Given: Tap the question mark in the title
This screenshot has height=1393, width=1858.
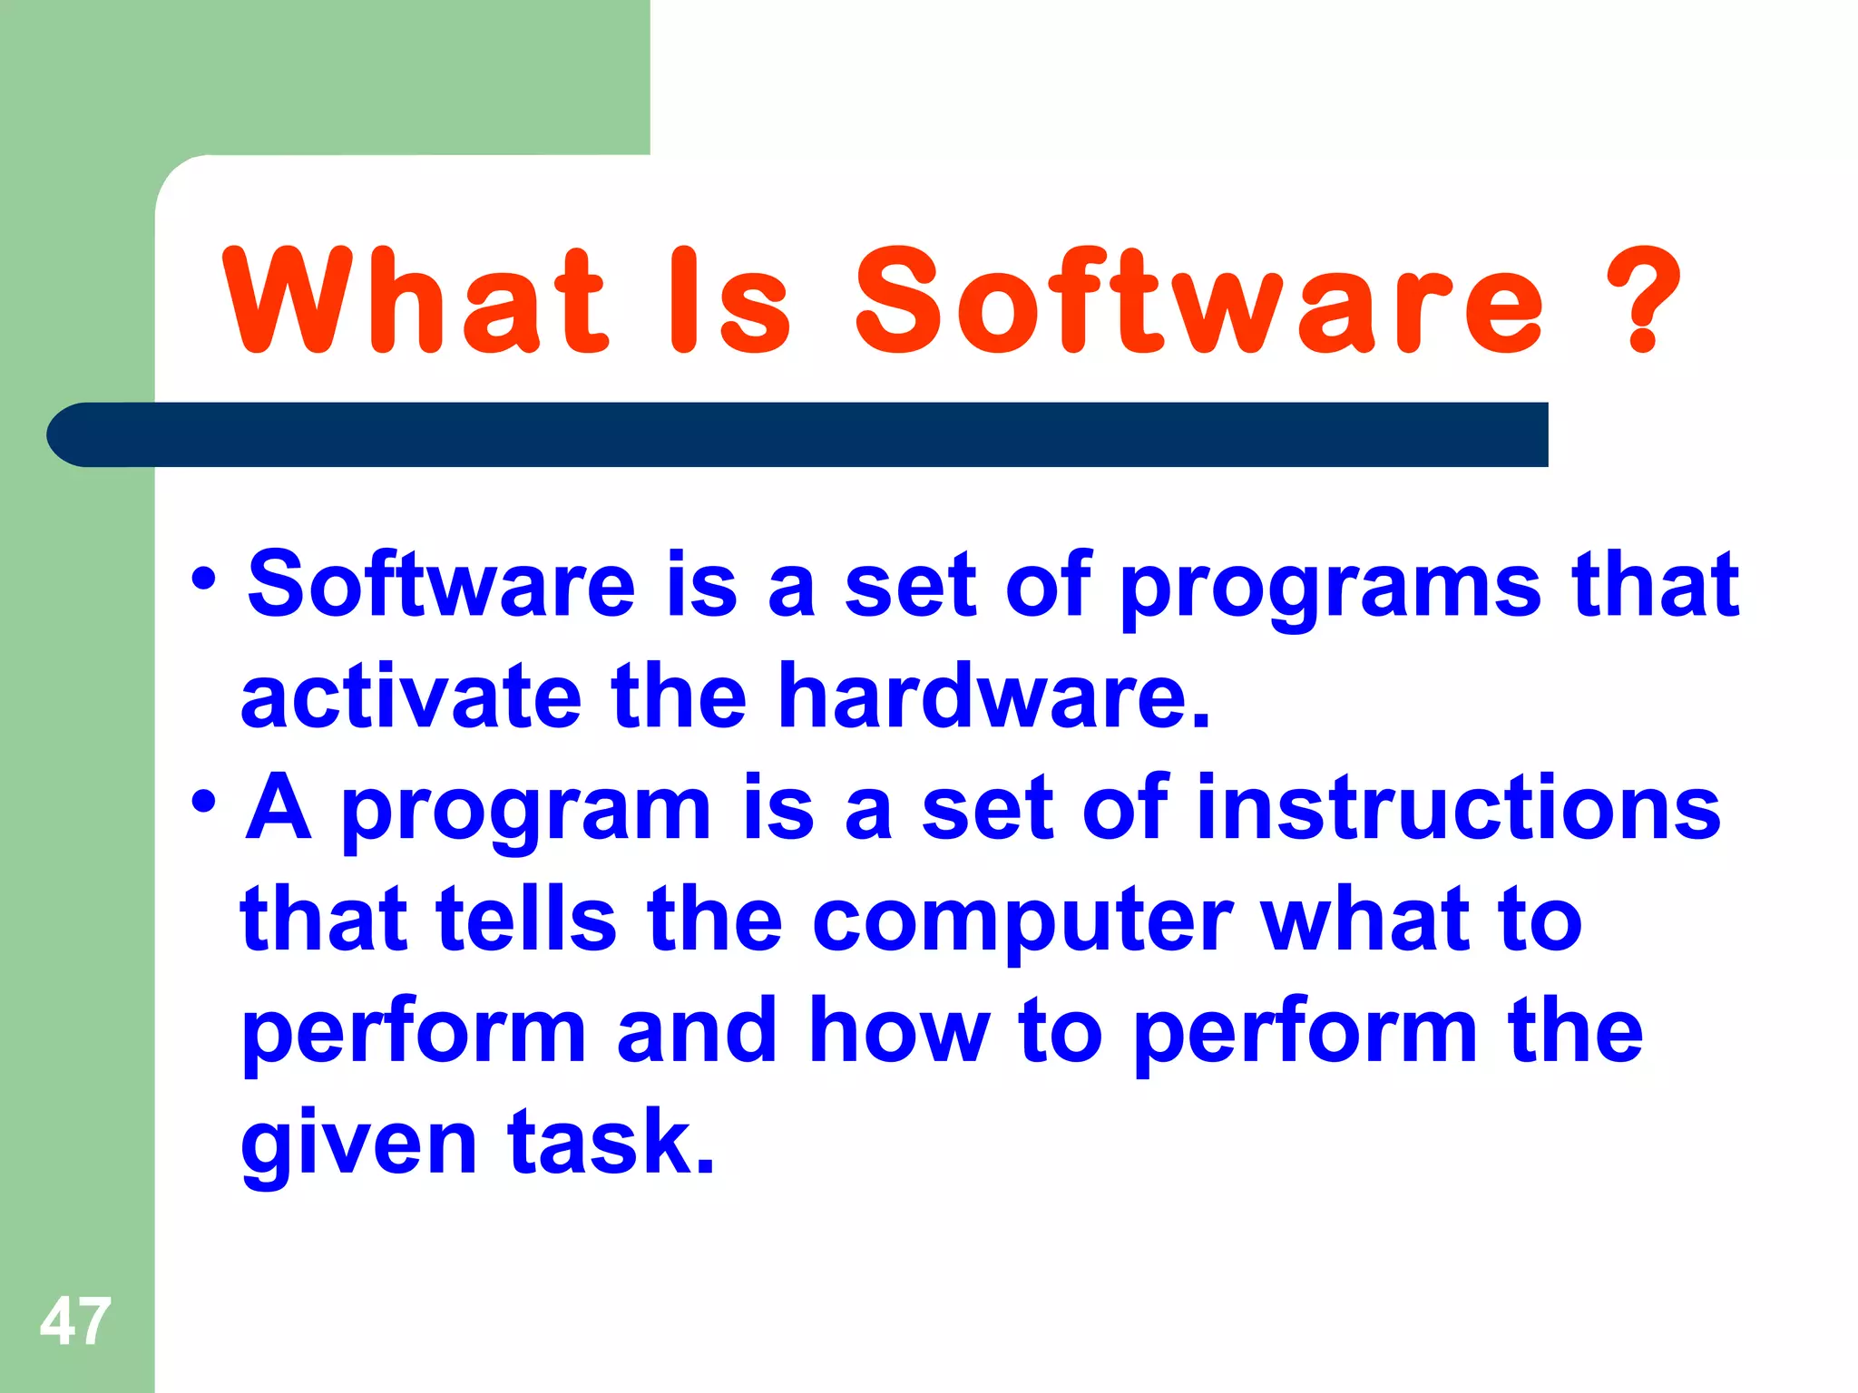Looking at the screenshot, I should pos(1643,301).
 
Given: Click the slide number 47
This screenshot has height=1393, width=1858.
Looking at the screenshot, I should pos(75,1321).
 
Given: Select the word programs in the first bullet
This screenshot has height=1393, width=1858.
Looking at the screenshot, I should pos(1330,588).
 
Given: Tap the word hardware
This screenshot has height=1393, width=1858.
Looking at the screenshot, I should pos(994,696).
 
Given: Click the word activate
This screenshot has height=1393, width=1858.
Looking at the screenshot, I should pos(410,696).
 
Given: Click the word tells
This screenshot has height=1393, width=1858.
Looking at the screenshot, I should pos(526,920).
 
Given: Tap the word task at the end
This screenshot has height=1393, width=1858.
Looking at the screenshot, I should pos(611,1143).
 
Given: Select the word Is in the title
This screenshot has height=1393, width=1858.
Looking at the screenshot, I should pos(729,301).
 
